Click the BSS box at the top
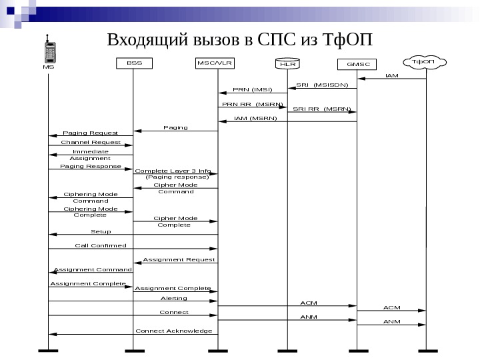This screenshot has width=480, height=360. click(134, 63)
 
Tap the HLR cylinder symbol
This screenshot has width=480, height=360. click(287, 64)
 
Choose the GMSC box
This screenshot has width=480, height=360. click(357, 65)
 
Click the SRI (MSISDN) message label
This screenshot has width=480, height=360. click(322, 85)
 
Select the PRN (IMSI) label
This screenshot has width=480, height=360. click(252, 89)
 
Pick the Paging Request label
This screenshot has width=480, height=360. click(90, 133)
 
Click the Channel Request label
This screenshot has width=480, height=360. click(91, 142)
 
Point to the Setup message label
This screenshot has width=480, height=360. click(101, 231)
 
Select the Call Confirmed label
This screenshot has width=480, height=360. click(100, 245)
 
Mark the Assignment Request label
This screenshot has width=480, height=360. click(179, 259)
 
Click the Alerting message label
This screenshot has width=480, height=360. click(174, 298)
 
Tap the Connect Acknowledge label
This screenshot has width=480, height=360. click(173, 331)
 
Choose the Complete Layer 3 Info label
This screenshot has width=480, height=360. click(173, 171)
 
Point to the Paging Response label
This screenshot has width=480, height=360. click(91, 166)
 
